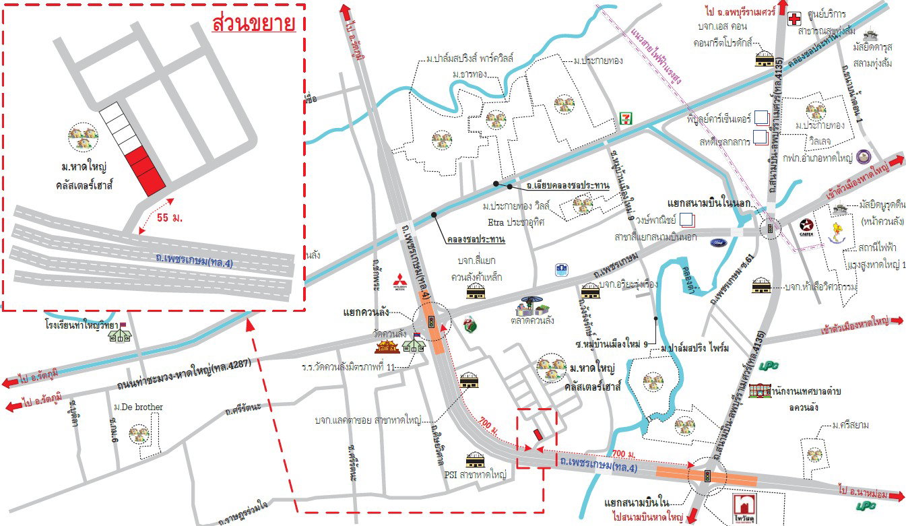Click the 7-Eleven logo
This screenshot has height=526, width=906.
[626, 118]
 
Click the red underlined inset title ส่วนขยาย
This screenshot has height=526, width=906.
[253, 24]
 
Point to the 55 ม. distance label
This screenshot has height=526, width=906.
[168, 219]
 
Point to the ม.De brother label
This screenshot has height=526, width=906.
[138, 407]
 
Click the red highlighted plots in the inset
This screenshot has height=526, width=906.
[145, 170]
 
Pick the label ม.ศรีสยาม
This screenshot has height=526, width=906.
[849, 425]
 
